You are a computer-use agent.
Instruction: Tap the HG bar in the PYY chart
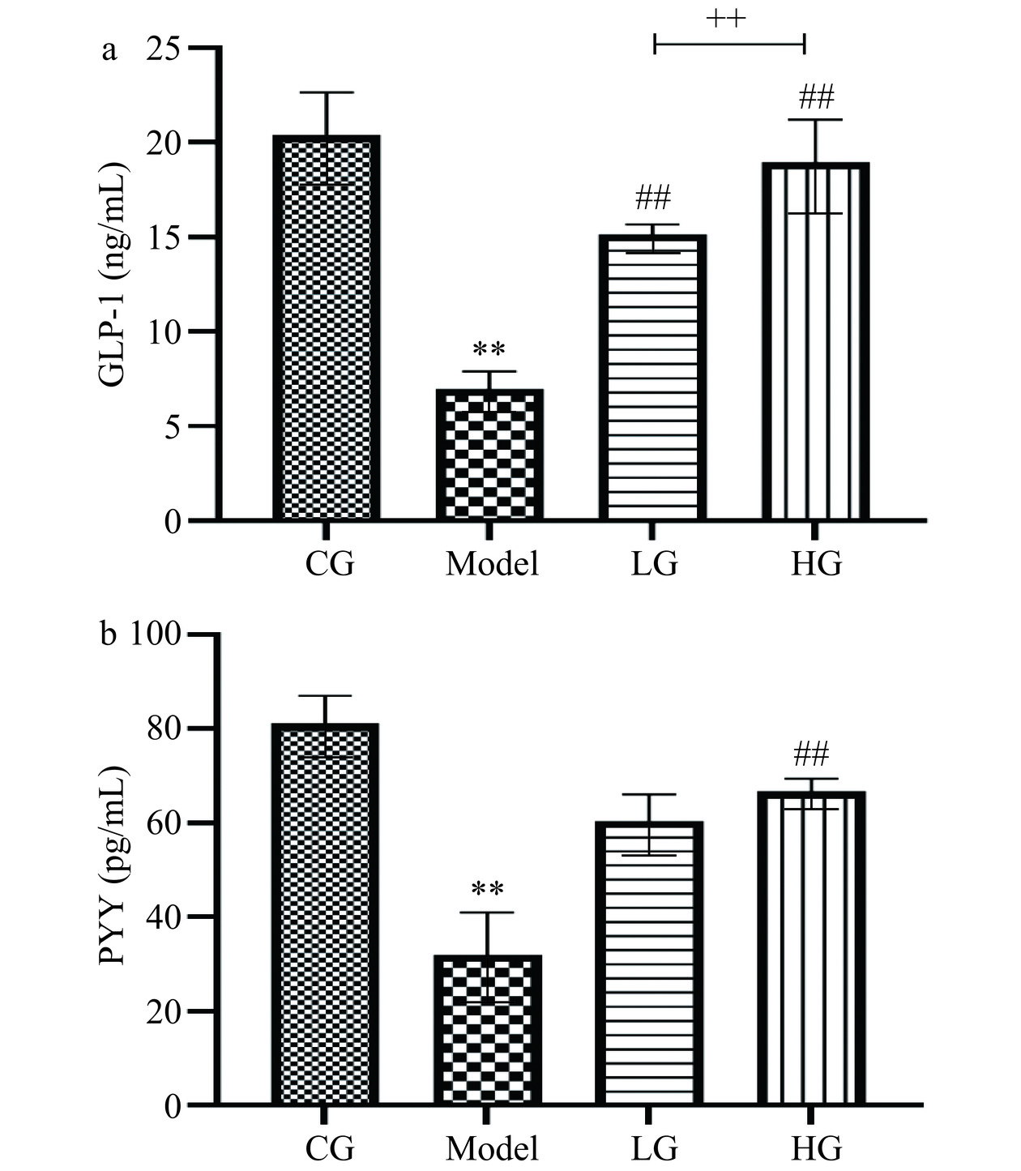[x=812, y=948]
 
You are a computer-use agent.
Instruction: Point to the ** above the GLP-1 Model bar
[x=489, y=351]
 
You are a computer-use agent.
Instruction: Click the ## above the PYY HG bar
[x=811, y=755]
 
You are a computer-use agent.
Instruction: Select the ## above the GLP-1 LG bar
[x=653, y=196]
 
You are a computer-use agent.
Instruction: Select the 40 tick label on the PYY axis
[x=164, y=917]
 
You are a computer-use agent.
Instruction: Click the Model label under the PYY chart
[x=492, y=1148]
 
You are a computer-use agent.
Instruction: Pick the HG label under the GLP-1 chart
[x=816, y=563]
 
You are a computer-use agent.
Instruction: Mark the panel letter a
[x=109, y=50]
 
